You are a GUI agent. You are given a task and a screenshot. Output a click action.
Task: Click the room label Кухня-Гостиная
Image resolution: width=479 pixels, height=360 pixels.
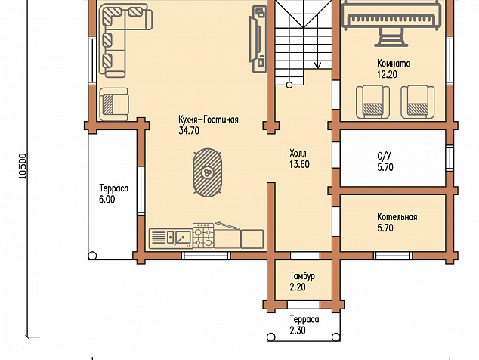[x=209, y=119]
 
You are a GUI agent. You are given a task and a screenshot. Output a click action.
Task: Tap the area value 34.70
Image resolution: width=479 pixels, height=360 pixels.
[x=189, y=131]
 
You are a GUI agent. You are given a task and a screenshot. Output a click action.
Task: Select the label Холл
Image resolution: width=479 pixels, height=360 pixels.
[x=298, y=153]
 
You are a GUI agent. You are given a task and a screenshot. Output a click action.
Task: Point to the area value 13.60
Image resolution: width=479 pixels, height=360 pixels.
[x=299, y=164]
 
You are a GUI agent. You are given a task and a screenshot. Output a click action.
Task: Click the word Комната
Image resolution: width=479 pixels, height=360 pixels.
[x=394, y=64]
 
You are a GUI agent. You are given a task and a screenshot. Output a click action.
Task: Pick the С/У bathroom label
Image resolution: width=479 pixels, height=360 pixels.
[x=384, y=156]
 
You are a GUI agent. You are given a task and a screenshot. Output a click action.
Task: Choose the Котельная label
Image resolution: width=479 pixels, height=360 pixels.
[x=397, y=217]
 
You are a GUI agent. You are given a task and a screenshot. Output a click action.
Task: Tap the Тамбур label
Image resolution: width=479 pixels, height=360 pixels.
[x=302, y=276]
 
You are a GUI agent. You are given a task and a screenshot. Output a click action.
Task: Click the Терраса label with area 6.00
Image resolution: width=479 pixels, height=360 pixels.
[x=114, y=188]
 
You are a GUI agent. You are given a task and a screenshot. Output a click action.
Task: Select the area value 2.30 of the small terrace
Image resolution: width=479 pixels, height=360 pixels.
[x=298, y=331]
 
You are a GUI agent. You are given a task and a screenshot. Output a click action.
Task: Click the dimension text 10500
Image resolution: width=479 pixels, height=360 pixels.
[x=23, y=166]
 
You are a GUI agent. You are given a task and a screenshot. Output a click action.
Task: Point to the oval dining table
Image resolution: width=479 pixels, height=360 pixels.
[x=208, y=172]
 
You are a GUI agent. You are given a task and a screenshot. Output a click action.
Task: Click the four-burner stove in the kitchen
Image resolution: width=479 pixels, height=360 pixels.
[x=203, y=235]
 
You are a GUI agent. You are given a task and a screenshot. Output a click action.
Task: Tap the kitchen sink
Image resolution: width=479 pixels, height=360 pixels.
[x=183, y=237]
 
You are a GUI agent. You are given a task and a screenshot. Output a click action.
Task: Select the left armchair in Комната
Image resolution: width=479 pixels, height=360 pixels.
[x=373, y=102]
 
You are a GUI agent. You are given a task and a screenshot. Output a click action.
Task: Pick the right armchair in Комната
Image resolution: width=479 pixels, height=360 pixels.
[x=418, y=102]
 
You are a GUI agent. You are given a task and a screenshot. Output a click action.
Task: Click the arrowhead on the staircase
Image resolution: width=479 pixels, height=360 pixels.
[x=318, y=66]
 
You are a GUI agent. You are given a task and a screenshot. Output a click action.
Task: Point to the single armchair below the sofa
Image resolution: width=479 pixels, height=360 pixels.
[x=113, y=104]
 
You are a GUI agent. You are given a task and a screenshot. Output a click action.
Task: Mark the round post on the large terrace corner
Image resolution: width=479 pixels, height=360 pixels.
[x=92, y=256]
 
